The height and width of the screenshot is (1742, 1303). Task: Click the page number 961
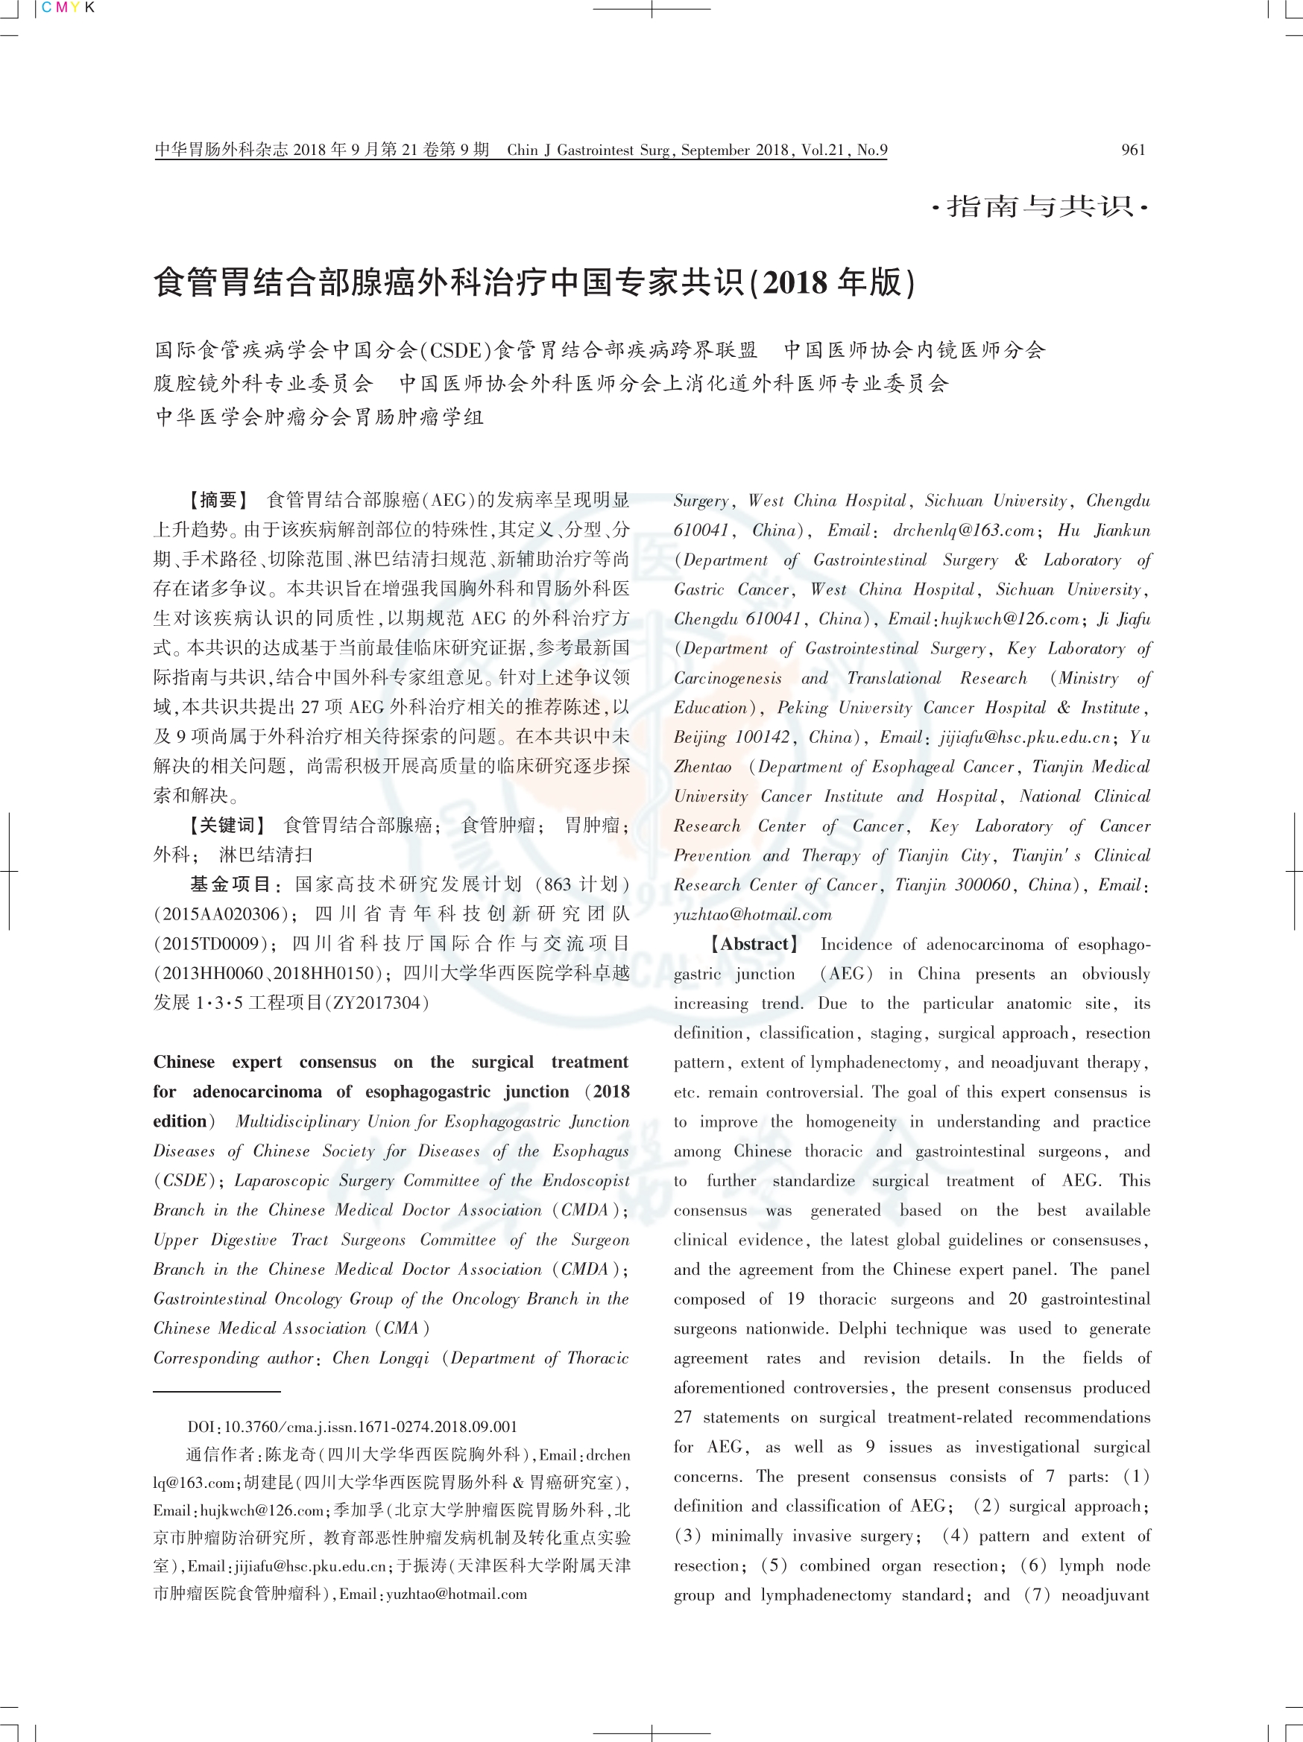coord(1133,150)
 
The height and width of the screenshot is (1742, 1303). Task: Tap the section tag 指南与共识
coord(1040,206)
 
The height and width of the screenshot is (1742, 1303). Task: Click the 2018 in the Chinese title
coord(794,282)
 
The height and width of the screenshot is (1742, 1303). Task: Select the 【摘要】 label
coord(218,500)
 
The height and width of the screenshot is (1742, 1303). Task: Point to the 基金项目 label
coord(234,884)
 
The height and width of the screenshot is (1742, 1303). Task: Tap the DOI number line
coord(352,1426)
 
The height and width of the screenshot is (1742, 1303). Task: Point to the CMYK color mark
coord(68,8)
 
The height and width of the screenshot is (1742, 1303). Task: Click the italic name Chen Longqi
coord(380,1358)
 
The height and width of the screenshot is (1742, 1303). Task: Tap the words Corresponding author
coord(233,1358)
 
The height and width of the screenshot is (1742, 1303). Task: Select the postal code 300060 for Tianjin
coord(982,884)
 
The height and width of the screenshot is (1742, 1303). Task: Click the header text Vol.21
coord(822,150)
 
